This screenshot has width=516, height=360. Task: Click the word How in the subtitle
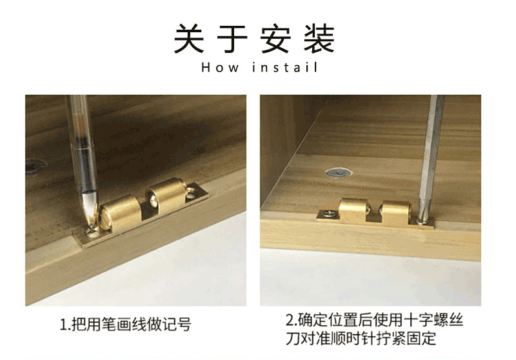[220, 67]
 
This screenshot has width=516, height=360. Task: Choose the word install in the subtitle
[284, 67]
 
